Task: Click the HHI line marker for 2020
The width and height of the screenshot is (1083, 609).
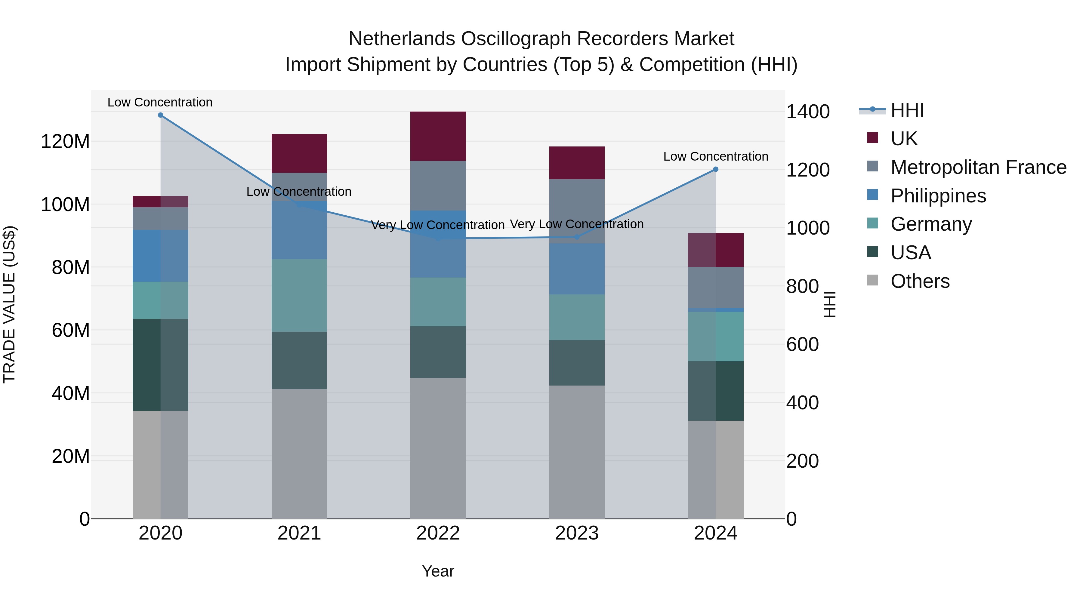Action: tap(161, 115)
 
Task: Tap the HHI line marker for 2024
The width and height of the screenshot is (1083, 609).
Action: tap(716, 169)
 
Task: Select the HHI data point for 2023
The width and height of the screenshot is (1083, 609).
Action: tap(577, 237)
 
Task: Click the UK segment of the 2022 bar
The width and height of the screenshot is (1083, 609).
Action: tap(438, 136)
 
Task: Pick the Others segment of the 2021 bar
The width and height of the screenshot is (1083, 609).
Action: tap(299, 454)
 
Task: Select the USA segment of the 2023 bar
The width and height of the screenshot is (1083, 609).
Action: tap(577, 363)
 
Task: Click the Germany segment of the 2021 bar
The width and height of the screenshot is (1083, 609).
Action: tap(299, 295)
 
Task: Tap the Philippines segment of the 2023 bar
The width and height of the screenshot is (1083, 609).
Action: tap(577, 269)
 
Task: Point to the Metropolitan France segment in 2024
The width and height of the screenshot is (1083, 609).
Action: tap(716, 288)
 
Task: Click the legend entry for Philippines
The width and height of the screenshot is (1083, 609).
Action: tap(938, 196)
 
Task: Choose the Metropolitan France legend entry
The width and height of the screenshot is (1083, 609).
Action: tap(978, 167)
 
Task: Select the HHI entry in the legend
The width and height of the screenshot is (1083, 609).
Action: tap(907, 110)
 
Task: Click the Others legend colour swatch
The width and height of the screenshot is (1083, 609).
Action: tap(872, 280)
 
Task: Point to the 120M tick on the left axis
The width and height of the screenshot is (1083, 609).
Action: tap(65, 142)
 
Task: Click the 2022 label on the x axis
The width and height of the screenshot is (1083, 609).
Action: tap(438, 533)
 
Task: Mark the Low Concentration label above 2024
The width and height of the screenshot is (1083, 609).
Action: tap(716, 156)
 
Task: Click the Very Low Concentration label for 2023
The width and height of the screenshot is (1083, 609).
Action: tap(577, 224)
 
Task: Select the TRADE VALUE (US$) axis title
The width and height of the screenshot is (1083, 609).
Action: tap(9, 304)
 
